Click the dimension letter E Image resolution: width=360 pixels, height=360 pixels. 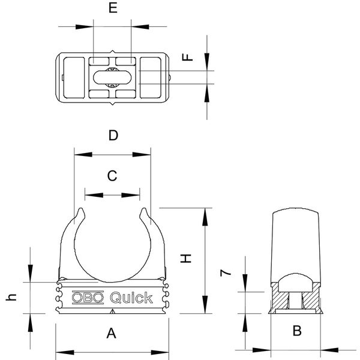tap(113, 8)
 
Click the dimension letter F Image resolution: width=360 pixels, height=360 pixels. tap(188, 57)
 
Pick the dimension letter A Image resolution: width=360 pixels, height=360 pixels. tap(112, 333)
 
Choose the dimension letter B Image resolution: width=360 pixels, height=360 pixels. tap(296, 331)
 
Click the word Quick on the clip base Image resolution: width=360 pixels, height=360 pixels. tap(131, 297)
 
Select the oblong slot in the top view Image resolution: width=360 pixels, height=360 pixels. tap(113, 77)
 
